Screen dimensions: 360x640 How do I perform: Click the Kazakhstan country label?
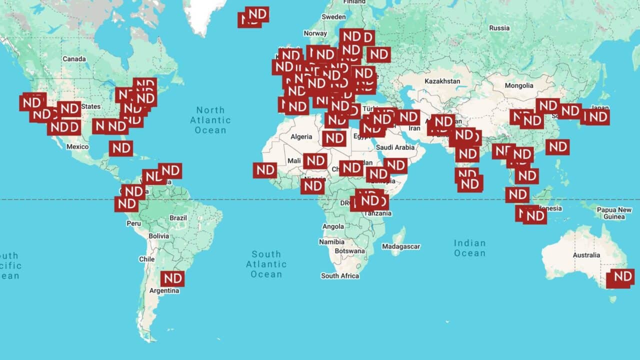click(442, 81)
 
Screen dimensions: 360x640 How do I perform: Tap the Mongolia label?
click(518, 85)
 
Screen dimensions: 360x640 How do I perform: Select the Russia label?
click(499, 28)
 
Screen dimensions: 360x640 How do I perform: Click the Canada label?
click(74, 59)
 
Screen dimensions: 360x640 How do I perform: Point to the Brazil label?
click(178, 218)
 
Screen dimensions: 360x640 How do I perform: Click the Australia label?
click(586, 255)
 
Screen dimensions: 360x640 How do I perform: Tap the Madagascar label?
click(401, 246)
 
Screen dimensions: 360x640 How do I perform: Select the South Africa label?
click(340, 275)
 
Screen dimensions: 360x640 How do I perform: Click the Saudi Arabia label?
click(395, 147)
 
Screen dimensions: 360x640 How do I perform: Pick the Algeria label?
click(301, 136)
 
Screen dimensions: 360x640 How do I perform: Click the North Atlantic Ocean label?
click(210, 120)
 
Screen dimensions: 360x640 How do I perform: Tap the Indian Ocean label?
click(469, 248)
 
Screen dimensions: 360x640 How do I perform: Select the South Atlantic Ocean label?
click(266, 264)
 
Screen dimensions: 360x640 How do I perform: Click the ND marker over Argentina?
click(172, 278)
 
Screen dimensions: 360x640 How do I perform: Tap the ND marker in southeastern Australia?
click(621, 277)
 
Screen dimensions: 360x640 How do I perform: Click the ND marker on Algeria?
click(334, 138)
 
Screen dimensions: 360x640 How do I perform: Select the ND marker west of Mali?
click(265, 170)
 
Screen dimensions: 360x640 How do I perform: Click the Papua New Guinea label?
click(613, 213)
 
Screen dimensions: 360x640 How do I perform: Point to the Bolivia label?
click(158, 235)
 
